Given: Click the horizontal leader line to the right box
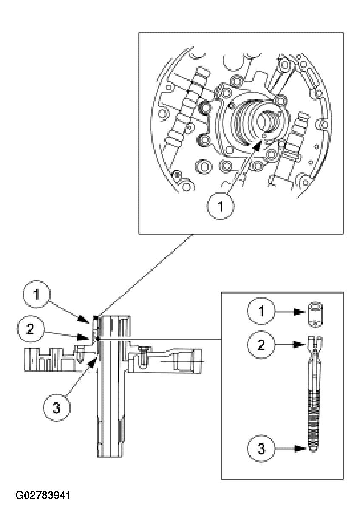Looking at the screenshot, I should click(179, 339).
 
